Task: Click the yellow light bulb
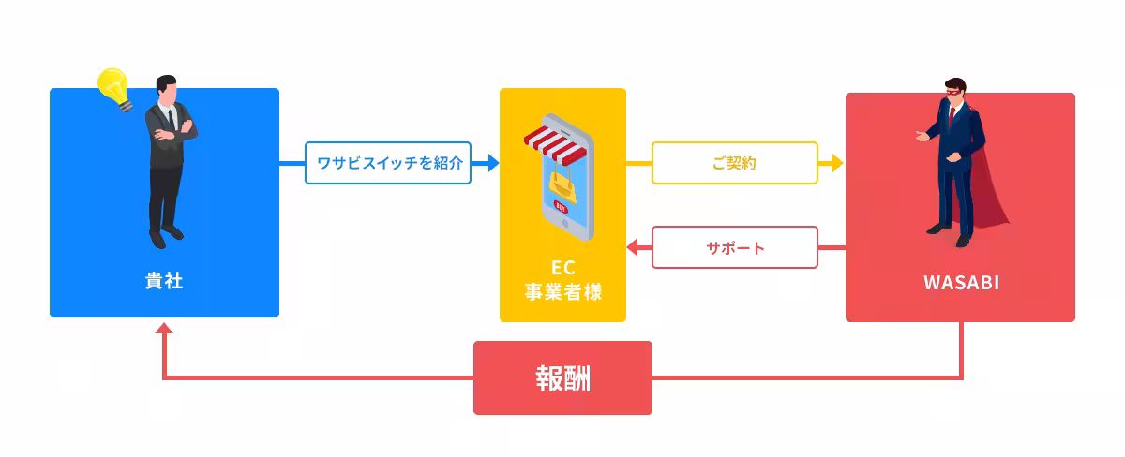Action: [x=113, y=87]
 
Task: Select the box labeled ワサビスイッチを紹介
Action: [x=388, y=163]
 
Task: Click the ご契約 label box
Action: [x=734, y=163]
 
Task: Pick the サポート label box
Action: [x=734, y=248]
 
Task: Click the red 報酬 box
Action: [x=562, y=377]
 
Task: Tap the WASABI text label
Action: [x=960, y=282]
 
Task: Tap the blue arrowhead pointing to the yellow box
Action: [x=491, y=163]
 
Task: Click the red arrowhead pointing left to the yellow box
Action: [x=633, y=248]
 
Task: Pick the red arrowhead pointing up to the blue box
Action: [x=164, y=329]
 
